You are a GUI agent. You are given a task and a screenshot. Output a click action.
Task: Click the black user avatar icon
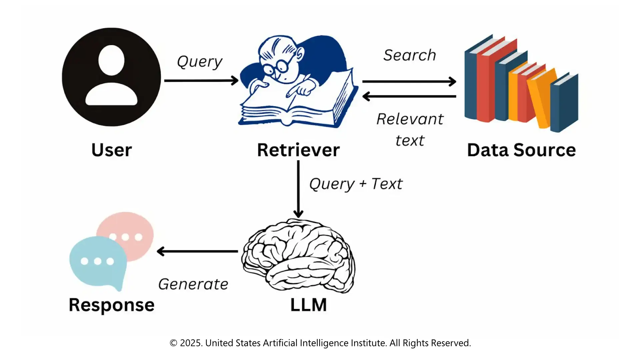(x=111, y=77)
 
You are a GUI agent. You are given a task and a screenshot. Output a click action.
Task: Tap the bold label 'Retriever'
(x=298, y=150)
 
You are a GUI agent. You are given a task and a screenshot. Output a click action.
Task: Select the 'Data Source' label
(x=521, y=150)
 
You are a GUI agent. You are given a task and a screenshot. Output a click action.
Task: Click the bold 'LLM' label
(x=308, y=305)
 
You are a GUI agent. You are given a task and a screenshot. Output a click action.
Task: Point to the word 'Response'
(x=112, y=305)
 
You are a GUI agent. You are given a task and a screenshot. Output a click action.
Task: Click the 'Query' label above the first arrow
(x=199, y=62)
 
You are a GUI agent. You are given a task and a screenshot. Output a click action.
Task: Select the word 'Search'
(x=410, y=55)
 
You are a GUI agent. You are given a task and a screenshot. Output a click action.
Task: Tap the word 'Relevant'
(x=410, y=119)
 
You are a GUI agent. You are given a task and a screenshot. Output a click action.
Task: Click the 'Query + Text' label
(x=356, y=184)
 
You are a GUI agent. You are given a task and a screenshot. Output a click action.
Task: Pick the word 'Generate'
(x=193, y=284)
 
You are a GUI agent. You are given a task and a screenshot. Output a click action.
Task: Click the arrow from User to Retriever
(x=201, y=81)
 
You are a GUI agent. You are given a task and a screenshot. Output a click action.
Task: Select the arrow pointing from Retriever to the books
(x=409, y=81)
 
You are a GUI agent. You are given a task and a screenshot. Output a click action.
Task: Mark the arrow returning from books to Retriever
(x=409, y=96)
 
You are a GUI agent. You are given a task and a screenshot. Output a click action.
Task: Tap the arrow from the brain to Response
(x=197, y=251)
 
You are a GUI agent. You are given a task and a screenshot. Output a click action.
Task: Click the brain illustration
(x=298, y=255)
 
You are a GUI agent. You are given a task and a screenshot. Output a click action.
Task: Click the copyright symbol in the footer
(x=173, y=343)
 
